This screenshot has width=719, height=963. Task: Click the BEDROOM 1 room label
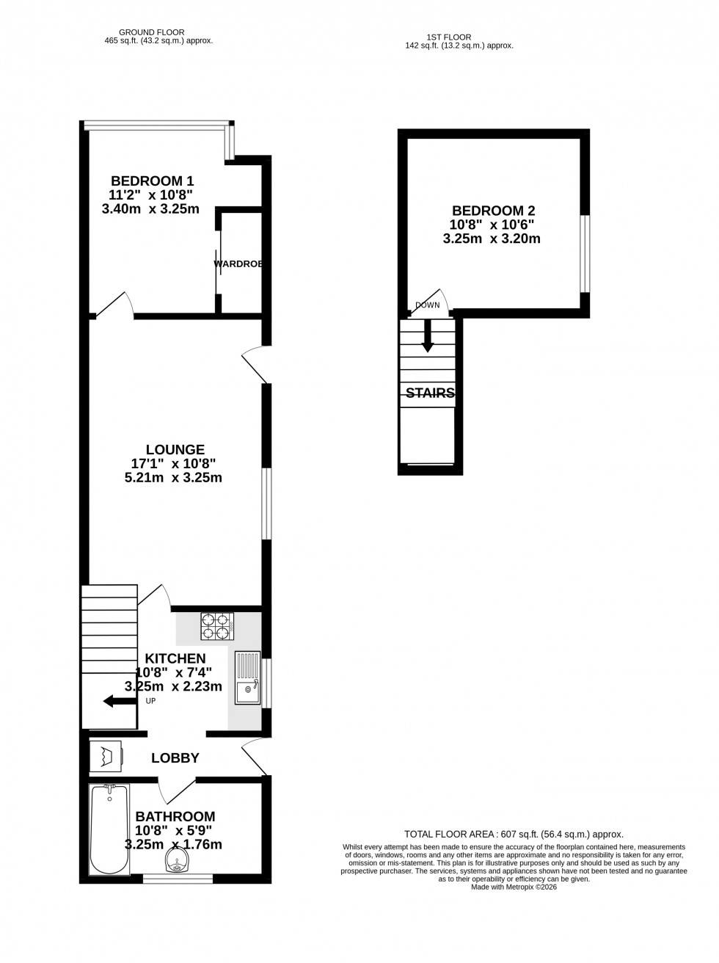pos(152,181)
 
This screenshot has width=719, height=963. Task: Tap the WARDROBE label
pos(238,264)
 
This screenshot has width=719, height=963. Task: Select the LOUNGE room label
pos(175,449)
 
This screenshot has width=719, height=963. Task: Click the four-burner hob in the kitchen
pos(216,626)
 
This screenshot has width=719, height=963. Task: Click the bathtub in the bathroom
pos(109,829)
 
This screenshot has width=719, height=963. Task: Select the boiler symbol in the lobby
pos(106,756)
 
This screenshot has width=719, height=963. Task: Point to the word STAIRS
pos(430,393)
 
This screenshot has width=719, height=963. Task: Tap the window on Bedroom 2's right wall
pos(585,253)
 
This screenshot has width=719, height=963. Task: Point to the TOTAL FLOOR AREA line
pos(514,834)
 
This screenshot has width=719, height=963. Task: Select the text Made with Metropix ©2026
pos(514,887)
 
